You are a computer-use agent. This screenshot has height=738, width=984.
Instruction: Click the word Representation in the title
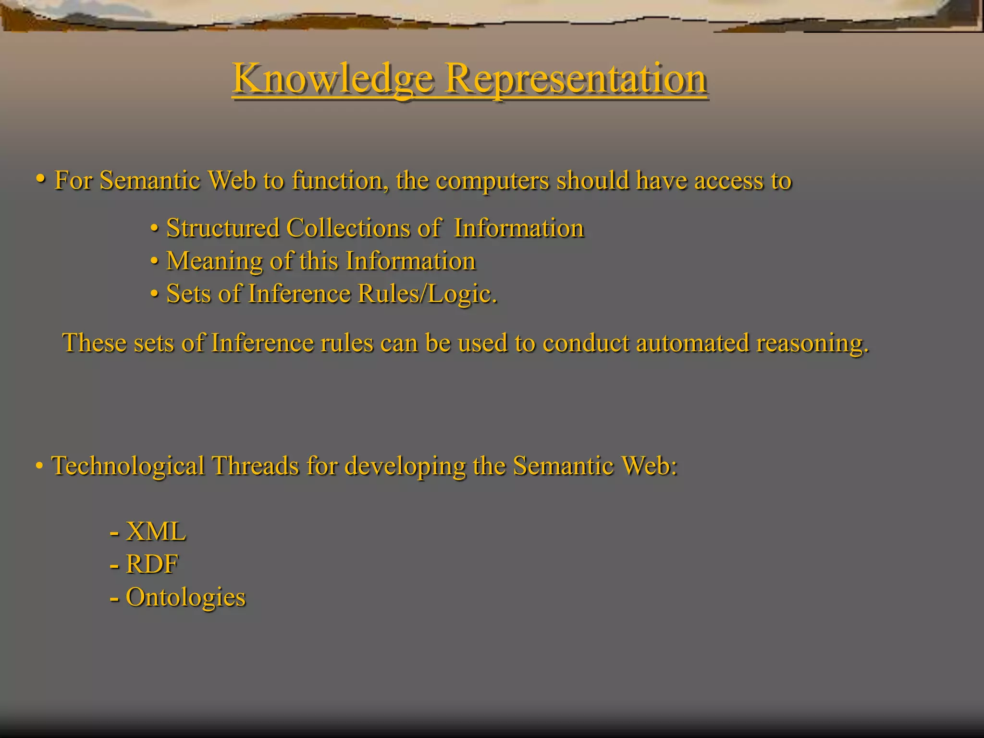[576, 78]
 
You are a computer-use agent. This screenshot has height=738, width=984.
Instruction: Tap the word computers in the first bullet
[492, 181]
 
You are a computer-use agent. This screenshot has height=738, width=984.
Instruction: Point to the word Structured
[223, 228]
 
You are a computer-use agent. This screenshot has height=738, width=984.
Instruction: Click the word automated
[692, 343]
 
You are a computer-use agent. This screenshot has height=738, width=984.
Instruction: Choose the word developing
[405, 466]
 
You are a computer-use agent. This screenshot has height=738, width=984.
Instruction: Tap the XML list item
[156, 531]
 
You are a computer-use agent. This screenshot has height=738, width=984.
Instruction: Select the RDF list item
[152, 564]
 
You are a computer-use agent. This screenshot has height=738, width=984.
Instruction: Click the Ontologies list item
[185, 597]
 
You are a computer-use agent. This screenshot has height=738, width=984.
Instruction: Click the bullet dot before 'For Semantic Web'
[41, 179]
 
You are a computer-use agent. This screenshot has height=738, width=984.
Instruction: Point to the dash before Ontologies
[114, 599]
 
